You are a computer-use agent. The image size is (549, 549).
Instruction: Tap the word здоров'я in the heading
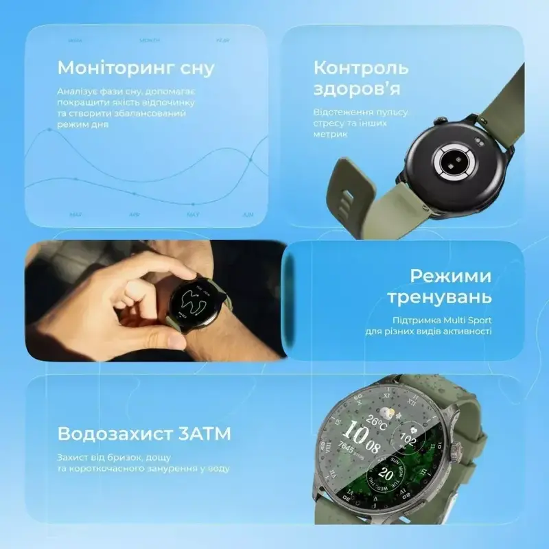357,89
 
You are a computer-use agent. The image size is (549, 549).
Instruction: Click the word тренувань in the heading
439,298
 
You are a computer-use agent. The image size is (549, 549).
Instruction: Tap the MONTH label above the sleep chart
150,40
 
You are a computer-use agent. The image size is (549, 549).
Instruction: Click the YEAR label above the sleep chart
223,40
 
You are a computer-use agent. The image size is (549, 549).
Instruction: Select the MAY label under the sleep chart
193,214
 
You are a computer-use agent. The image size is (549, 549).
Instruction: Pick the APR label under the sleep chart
135,214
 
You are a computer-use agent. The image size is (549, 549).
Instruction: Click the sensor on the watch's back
452,161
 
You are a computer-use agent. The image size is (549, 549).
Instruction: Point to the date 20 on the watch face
386,474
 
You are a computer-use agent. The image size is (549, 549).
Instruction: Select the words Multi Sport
471,319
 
